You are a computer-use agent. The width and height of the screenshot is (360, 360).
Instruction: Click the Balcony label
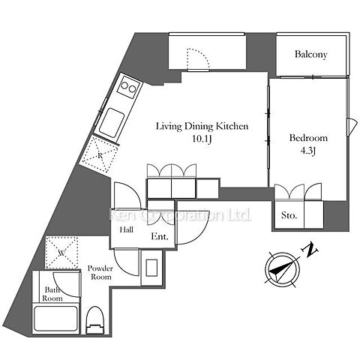[x=310, y=54]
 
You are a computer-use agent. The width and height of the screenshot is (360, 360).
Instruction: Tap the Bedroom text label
[x=308, y=138]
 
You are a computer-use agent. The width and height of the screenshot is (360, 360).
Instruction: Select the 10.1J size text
[x=202, y=139]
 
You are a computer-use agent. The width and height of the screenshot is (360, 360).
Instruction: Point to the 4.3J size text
[x=307, y=151]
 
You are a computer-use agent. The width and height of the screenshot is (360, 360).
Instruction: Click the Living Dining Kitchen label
[x=202, y=126]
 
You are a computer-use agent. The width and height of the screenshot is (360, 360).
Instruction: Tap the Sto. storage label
[x=289, y=215]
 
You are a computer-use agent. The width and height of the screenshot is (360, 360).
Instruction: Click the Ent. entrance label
[x=160, y=236]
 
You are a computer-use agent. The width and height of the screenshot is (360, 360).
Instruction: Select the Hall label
[x=126, y=229]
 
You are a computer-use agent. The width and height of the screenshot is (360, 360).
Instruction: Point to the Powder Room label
[x=100, y=272]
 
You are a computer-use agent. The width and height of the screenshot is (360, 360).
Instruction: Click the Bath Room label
[x=52, y=294]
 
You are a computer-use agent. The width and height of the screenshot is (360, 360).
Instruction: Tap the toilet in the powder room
[x=94, y=320]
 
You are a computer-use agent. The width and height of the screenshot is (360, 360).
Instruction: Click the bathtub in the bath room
[x=55, y=318]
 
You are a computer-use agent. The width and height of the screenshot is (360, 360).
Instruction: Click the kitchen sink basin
[x=111, y=123]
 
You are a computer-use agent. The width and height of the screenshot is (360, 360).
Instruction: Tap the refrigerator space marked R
[x=100, y=155]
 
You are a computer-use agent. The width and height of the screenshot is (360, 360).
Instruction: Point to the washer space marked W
[x=61, y=253]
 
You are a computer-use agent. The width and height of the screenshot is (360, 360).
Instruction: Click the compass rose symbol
[x=283, y=270]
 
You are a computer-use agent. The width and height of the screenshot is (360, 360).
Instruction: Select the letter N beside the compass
[x=310, y=249]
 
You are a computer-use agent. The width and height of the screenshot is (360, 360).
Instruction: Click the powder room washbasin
[x=151, y=268]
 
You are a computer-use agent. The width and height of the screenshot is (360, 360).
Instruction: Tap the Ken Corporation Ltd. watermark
[x=180, y=214]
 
